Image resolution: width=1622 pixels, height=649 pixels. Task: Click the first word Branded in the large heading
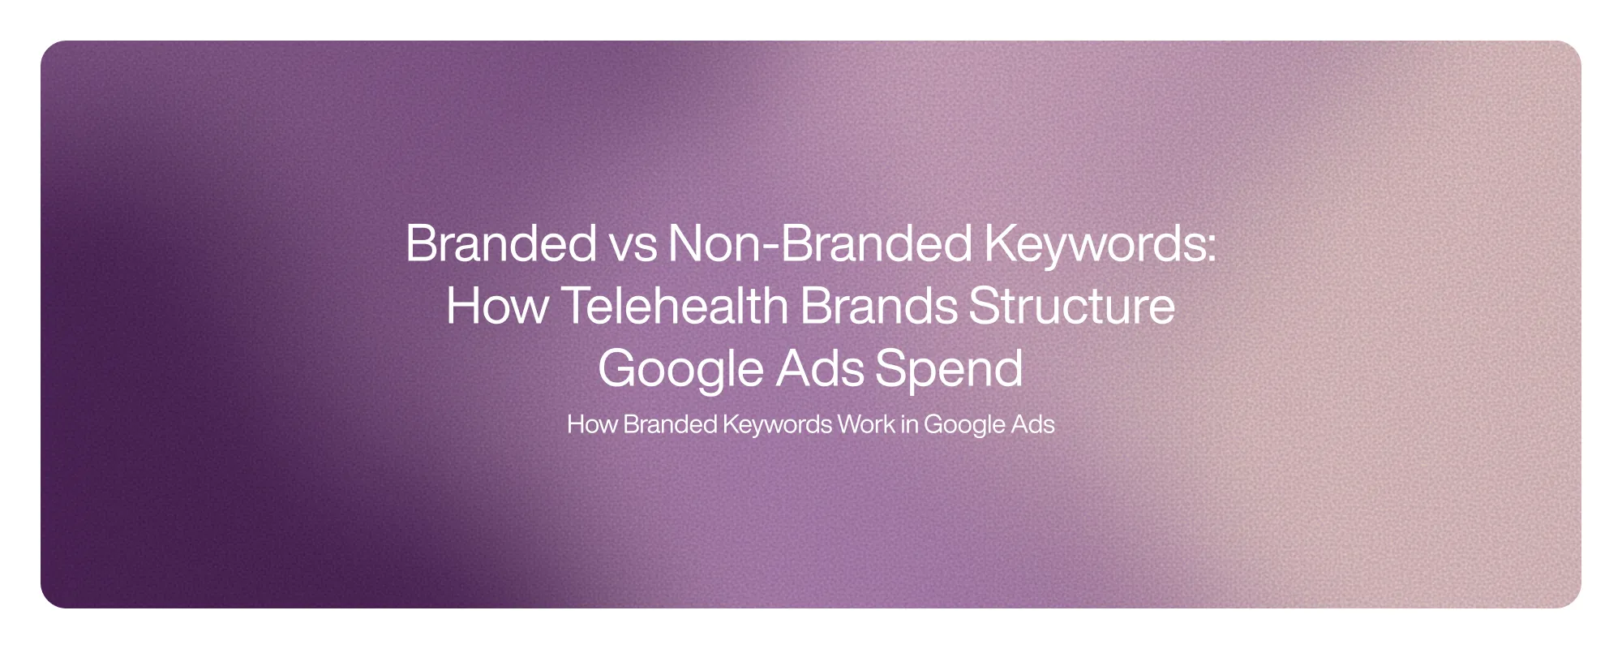[x=500, y=243]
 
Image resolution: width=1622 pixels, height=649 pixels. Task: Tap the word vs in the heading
[x=633, y=243]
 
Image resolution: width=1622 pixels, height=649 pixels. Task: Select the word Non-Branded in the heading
[x=820, y=243]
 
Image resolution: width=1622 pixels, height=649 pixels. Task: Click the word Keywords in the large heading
[x=1095, y=243]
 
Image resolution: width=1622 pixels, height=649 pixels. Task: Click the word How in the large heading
[x=496, y=306]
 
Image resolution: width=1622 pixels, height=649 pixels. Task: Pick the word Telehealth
[x=674, y=306]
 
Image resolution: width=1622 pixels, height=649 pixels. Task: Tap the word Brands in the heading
[x=878, y=306]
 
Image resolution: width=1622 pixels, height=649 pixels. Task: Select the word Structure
[x=1071, y=306]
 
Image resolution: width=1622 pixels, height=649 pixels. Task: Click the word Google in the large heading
[x=680, y=369]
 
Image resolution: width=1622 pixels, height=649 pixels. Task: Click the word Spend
[x=948, y=369]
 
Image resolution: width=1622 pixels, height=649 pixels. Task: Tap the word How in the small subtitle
[x=591, y=424]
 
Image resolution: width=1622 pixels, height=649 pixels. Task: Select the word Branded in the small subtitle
[x=670, y=424]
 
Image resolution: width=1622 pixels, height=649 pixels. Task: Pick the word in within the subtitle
[x=909, y=424]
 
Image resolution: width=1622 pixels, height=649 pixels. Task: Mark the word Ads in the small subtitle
[x=1032, y=424]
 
